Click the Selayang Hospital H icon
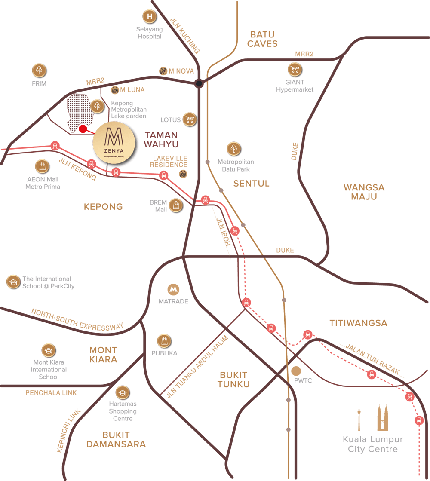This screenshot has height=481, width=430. (x=150, y=17)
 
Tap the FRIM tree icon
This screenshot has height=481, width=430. (x=39, y=70)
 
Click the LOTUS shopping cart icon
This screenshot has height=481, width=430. (x=190, y=120)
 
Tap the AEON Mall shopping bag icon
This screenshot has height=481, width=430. (x=43, y=166)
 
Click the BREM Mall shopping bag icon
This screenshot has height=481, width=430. (x=176, y=205)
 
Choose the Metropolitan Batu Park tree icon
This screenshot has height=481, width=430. (x=234, y=149)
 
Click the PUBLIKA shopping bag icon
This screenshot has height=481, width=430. (x=164, y=341)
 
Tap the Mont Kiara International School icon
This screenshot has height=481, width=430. (x=49, y=351)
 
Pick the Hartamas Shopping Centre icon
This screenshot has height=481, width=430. (x=123, y=392)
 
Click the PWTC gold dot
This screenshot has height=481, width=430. (x=296, y=371)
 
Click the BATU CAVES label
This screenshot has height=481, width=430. (x=263, y=39)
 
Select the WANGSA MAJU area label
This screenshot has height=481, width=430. (x=364, y=192)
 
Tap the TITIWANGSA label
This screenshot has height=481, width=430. (x=358, y=323)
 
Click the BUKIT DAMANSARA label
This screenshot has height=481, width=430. (x=116, y=439)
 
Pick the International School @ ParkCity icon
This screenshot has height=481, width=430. (x=13, y=282)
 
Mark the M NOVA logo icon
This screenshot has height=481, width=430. (x=163, y=71)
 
